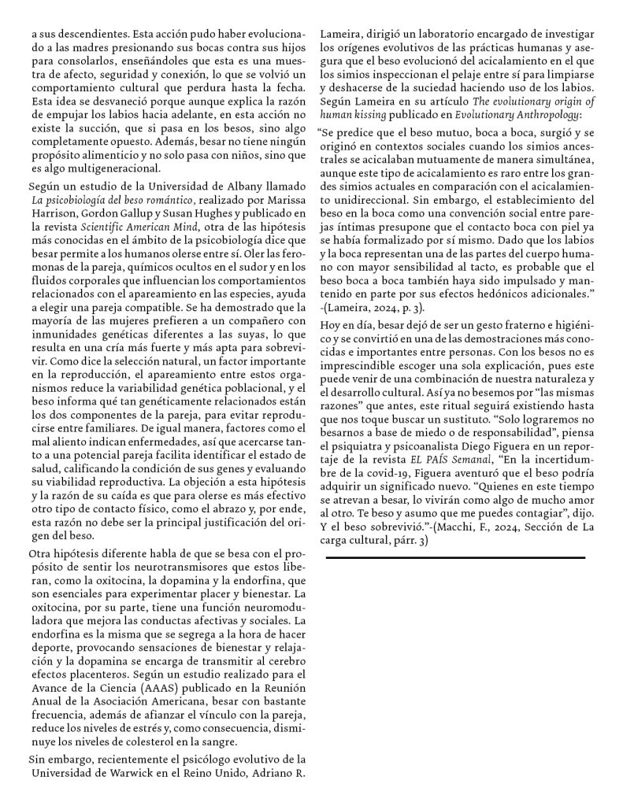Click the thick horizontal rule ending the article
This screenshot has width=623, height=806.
click(455, 557)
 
